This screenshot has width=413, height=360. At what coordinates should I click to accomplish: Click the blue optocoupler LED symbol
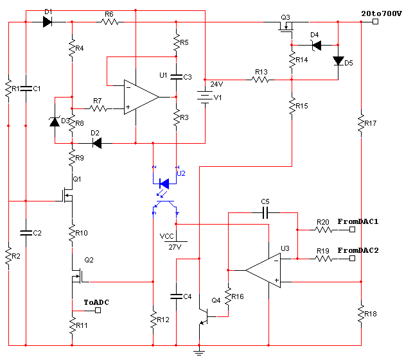(x=164, y=183)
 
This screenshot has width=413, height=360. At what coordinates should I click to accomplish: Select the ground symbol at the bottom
(x=200, y=352)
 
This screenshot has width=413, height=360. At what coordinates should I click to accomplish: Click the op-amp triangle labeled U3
(x=263, y=270)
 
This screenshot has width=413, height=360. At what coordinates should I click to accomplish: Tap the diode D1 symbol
(x=48, y=22)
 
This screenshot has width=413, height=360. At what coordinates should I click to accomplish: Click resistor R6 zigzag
(x=110, y=22)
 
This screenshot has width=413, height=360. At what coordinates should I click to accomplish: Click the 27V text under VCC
(x=174, y=246)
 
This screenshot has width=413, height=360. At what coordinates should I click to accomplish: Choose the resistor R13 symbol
(x=261, y=80)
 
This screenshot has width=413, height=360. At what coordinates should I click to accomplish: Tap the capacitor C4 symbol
(x=177, y=296)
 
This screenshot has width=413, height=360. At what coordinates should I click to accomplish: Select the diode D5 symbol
(x=338, y=61)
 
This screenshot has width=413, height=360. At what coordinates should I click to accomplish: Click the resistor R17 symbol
(x=361, y=122)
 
